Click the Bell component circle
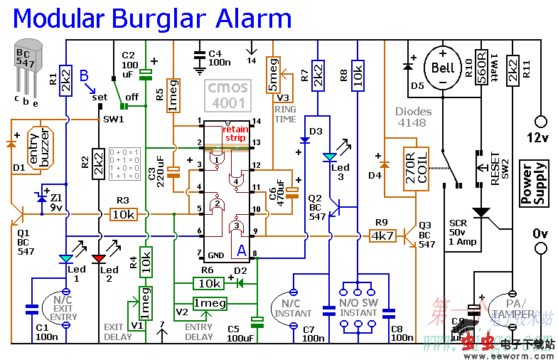point(442,69)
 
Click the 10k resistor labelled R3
point(124,213)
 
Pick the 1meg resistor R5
point(173,97)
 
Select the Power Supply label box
point(535,183)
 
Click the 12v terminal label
point(541,137)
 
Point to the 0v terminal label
point(540,233)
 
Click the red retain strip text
point(235,133)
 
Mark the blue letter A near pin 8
point(242,250)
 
